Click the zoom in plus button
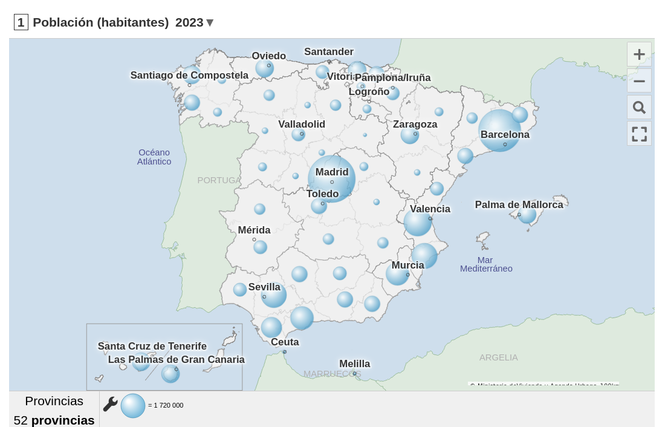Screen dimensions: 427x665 (639, 54)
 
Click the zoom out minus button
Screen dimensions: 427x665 (639, 81)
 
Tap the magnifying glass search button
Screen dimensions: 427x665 (639, 108)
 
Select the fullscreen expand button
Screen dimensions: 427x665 (639, 134)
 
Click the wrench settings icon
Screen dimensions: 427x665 (110, 404)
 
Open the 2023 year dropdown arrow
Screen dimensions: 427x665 (210, 23)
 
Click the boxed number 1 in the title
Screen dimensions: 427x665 (21, 22)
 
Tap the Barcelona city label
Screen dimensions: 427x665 (505, 134)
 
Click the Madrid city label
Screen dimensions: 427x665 (332, 172)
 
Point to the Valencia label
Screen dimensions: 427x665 (430, 209)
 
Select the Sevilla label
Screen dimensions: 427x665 (264, 287)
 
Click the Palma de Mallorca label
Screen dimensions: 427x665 (519, 205)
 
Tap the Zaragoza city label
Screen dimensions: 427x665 (415, 125)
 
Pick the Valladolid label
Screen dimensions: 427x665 (302, 125)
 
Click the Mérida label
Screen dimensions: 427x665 (254, 230)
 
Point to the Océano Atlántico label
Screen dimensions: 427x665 (154, 157)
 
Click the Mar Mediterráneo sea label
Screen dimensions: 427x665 (486, 264)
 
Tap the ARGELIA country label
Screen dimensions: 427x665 (498, 357)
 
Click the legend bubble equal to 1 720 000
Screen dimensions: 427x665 (133, 406)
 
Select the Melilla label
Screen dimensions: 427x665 (354, 364)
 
